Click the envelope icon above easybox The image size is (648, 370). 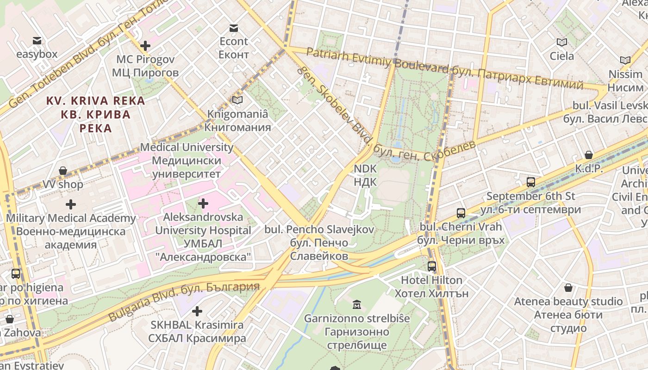click(37, 41)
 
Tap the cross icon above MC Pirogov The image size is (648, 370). click(145, 45)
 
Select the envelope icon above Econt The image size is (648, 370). click(234, 28)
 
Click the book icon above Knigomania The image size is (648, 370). click(237, 100)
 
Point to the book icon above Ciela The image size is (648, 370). click(562, 43)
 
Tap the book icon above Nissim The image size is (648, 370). click(625, 60)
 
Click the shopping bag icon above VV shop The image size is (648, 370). click(63, 171)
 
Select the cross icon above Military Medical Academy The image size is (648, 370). click(71, 204)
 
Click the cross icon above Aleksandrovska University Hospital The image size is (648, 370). click(203, 203)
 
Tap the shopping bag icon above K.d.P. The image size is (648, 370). click(589, 155)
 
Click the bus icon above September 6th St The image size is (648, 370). click(531, 182)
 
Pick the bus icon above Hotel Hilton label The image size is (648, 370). click(432, 266)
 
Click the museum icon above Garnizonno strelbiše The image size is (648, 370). click(357, 304)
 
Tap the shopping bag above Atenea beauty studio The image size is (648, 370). click(568, 288)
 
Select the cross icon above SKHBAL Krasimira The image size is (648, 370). click(197, 311)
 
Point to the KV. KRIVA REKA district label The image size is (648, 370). click(95, 114)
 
